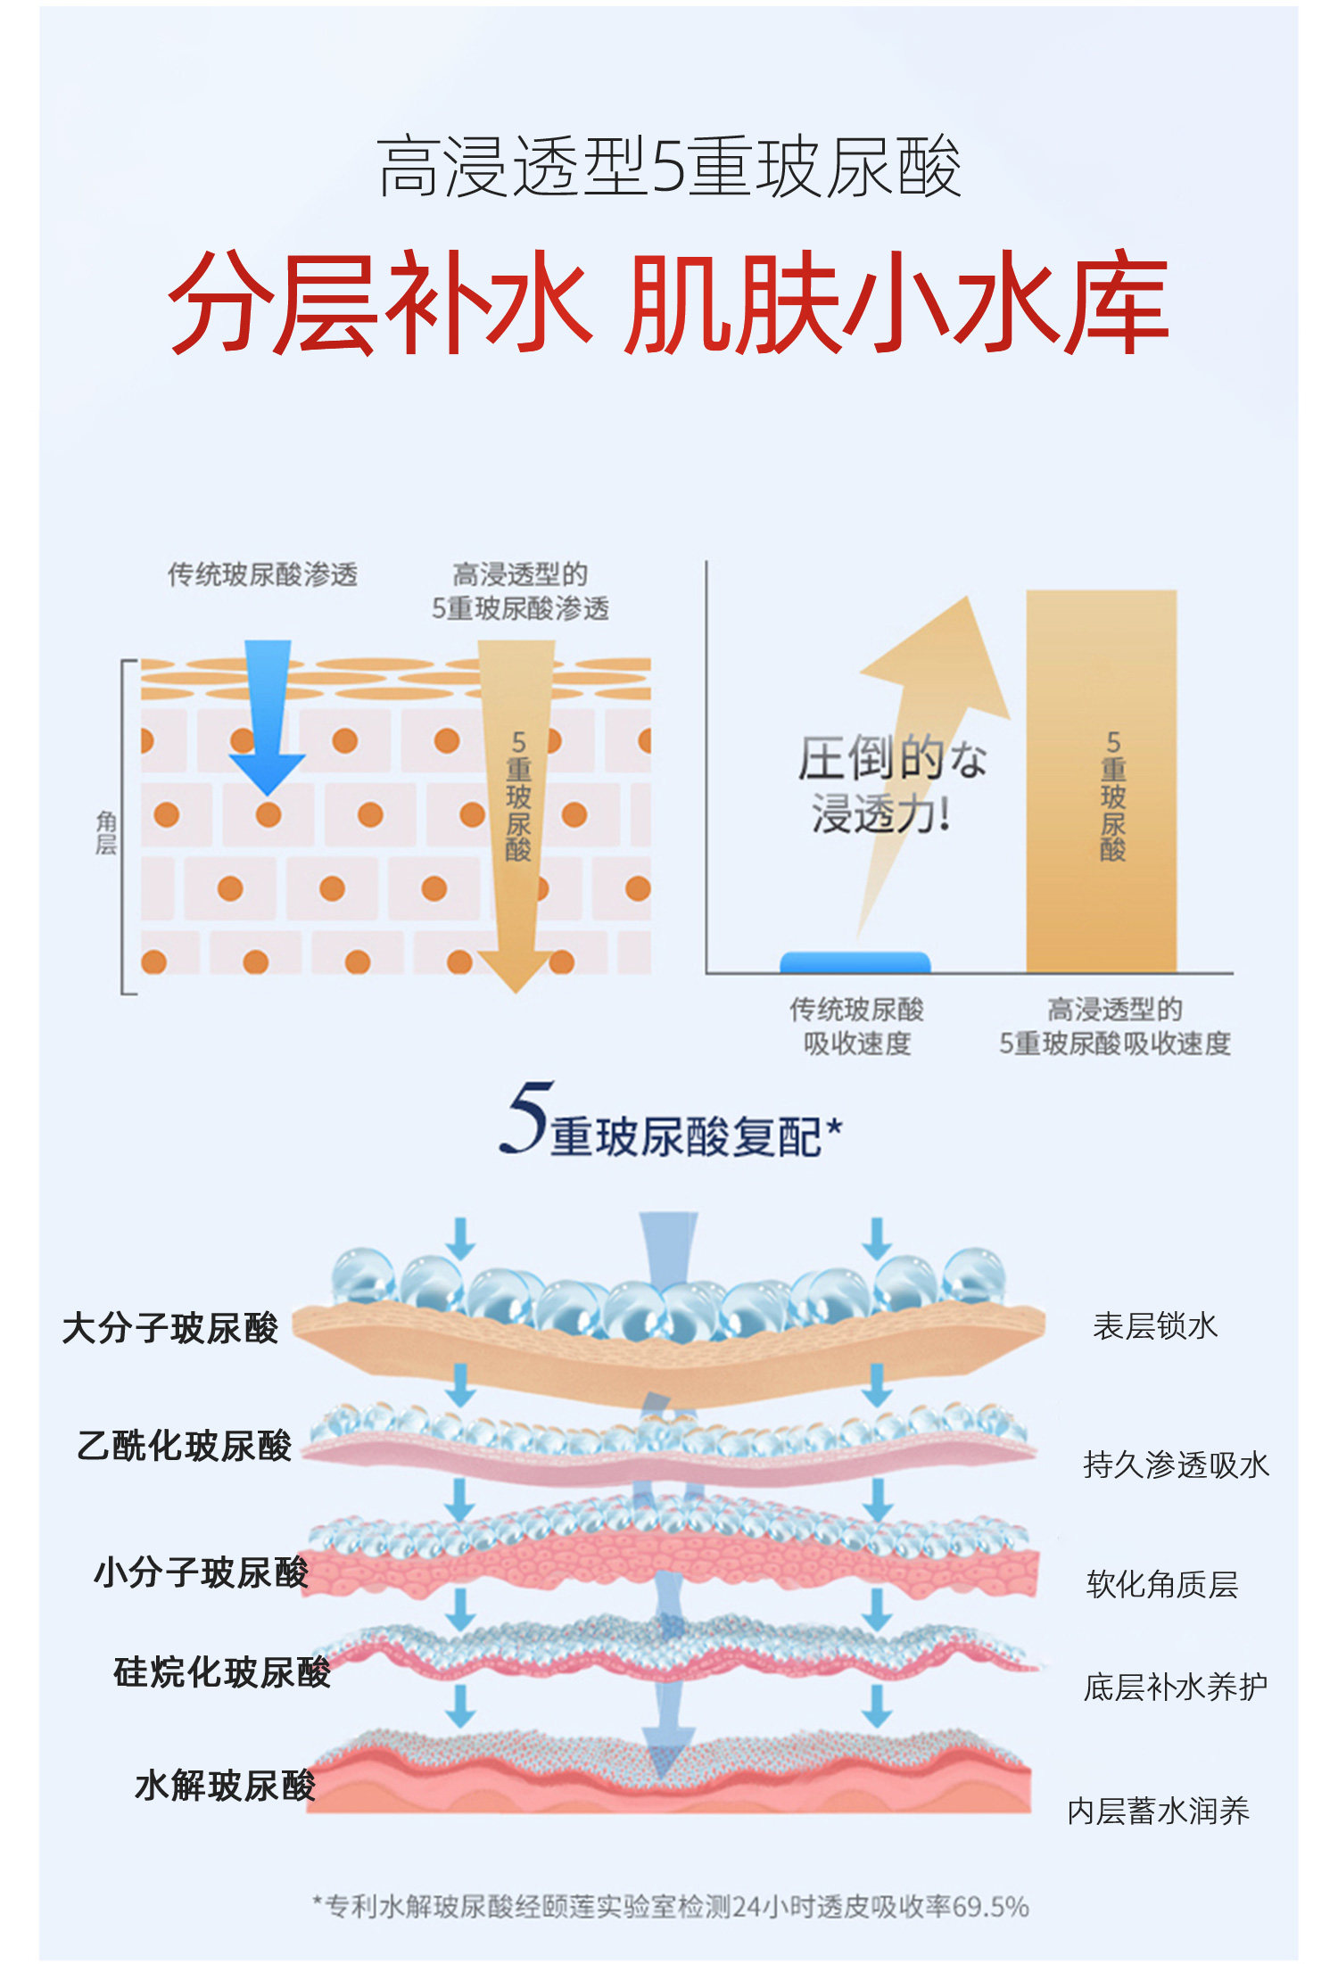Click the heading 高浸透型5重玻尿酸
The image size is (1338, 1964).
point(669,167)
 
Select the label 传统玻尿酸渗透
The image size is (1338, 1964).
point(262,574)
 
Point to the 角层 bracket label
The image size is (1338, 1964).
point(106,832)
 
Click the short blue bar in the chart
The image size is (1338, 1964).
point(855,961)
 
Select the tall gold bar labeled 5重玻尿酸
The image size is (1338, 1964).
point(1101,780)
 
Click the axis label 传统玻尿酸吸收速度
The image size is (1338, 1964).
point(856,1026)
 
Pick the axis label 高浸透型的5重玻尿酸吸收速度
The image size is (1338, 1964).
point(1114,1026)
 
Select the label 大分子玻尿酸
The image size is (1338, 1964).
point(170,1328)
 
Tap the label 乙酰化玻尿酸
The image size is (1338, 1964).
point(185,1446)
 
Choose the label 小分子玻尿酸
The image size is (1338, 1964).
point(202,1572)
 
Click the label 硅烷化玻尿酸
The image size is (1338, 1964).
point(222,1672)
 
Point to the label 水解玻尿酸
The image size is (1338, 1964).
point(226,1786)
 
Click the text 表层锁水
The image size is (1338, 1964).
point(1155,1326)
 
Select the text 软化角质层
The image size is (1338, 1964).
point(1162,1585)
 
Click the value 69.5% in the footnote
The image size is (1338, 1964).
point(991,1907)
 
